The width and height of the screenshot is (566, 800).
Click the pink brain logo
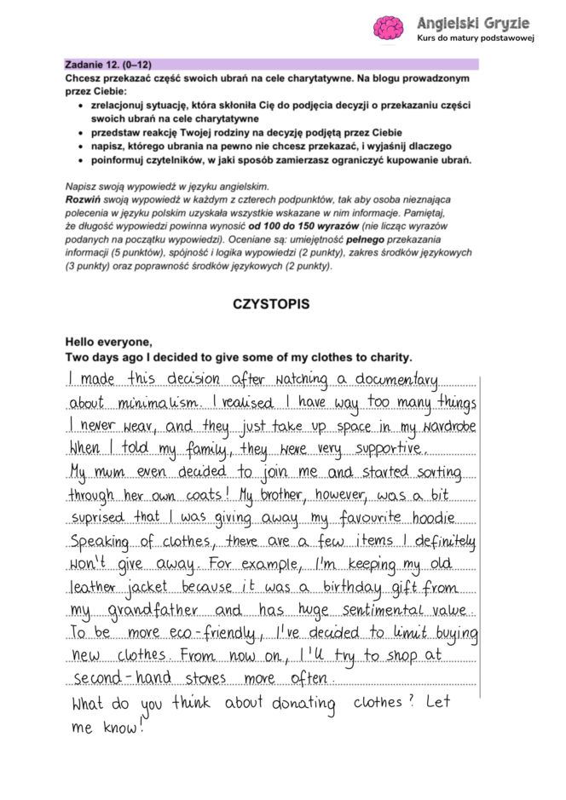point(389,27)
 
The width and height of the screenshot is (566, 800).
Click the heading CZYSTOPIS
point(270,304)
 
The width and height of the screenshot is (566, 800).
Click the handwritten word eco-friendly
point(203,634)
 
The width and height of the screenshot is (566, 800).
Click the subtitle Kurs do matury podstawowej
point(475,38)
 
